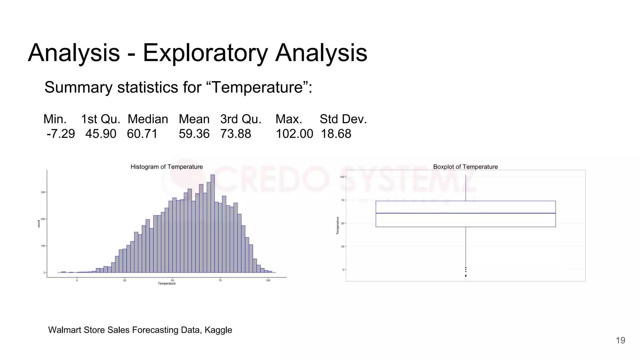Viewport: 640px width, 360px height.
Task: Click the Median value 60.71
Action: tap(142, 134)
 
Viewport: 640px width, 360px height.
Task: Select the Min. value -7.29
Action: tap(61, 134)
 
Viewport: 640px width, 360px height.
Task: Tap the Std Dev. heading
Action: tap(343, 119)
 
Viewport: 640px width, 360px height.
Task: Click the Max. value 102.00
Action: tap(294, 134)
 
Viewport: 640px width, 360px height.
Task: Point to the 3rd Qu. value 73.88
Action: tap(236, 134)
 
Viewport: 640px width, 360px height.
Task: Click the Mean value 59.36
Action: tap(194, 134)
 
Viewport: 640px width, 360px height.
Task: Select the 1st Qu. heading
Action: tap(101, 119)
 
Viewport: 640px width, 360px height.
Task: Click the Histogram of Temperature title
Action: tap(167, 167)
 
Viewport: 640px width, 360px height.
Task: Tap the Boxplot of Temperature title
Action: tap(465, 167)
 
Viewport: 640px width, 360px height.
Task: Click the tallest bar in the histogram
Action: tap(212, 223)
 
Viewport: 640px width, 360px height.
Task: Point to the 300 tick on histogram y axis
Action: tap(43, 192)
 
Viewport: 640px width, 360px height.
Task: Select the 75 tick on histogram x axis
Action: tap(220, 280)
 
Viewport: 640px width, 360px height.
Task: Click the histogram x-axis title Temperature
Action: tap(167, 284)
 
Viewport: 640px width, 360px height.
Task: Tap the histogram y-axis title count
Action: tap(39, 224)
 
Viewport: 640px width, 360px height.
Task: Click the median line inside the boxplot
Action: tap(465, 213)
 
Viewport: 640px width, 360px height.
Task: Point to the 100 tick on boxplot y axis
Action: tap(342, 177)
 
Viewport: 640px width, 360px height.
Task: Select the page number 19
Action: tap(620, 340)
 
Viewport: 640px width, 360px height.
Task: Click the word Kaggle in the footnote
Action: tap(218, 330)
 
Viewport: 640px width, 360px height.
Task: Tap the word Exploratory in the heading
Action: tap(205, 53)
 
